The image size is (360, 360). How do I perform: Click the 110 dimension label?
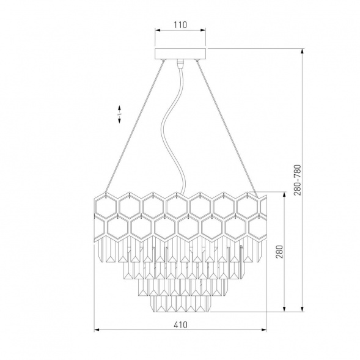[x=180, y=24]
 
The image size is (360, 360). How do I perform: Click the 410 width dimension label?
[x=180, y=325]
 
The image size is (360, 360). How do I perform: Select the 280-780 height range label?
[x=297, y=180]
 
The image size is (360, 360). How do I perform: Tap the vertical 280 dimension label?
[x=279, y=252]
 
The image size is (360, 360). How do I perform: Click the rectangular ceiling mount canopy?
[x=180, y=54]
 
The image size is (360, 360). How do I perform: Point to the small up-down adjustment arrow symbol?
[x=119, y=114]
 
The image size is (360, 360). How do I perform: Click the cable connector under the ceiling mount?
[x=180, y=64]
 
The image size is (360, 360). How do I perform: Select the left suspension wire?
[x=134, y=126]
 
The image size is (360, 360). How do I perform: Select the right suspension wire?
[x=227, y=128]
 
